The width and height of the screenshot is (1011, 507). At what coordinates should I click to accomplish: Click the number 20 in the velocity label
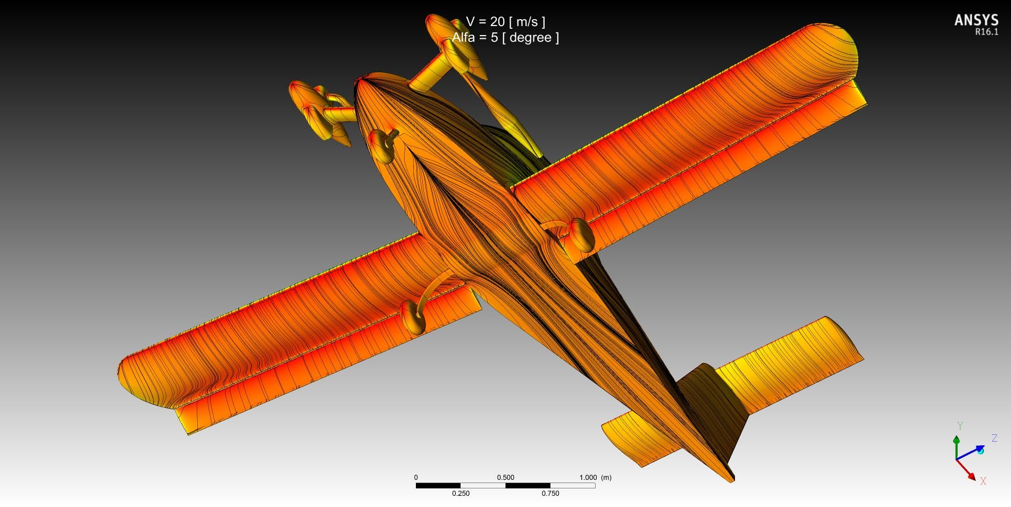click(497, 22)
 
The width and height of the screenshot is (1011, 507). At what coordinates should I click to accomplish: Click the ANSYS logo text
click(976, 20)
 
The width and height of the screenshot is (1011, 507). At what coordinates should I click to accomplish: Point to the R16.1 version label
click(987, 32)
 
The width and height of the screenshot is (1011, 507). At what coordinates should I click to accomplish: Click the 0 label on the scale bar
click(416, 477)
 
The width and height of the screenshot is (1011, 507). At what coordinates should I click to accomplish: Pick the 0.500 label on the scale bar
click(505, 477)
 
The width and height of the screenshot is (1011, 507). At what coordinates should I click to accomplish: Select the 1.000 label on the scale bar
click(588, 477)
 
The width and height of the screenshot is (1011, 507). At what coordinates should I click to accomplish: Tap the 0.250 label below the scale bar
click(461, 493)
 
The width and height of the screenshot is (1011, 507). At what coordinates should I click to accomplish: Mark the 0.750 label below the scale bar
click(550, 493)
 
